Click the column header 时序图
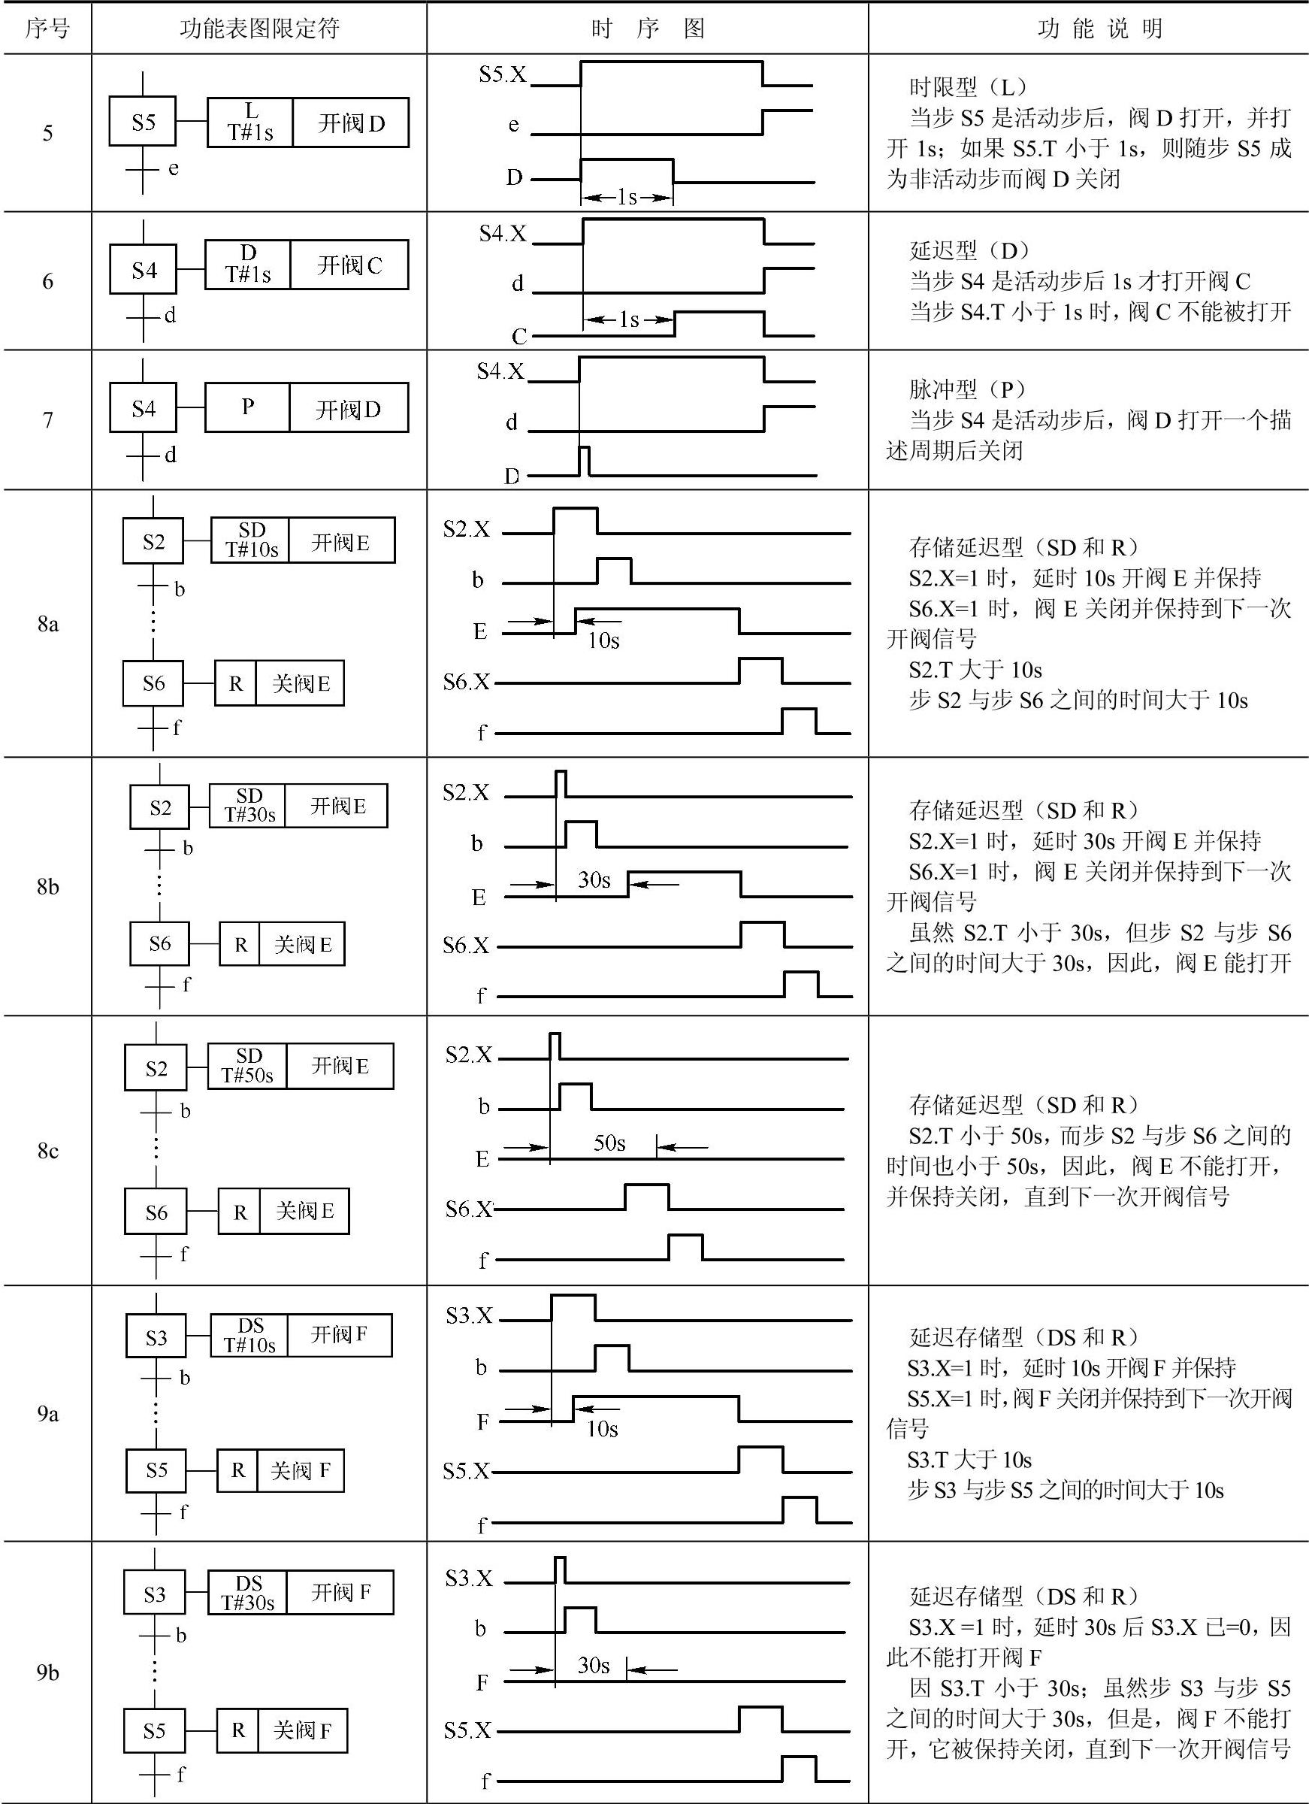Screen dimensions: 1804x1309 [646, 29]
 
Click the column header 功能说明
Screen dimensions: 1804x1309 [1100, 29]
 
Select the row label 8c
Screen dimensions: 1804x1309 [47, 1151]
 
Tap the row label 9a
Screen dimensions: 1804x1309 [47, 1413]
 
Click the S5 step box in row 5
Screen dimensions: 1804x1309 [142, 123]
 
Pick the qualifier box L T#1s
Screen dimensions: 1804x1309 [249, 123]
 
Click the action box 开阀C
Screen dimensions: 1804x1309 [349, 265]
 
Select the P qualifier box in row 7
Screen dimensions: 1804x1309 [247, 407]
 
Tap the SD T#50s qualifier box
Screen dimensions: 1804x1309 [247, 1066]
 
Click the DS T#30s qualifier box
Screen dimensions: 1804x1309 [247, 1591]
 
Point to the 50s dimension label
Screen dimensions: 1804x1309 [609, 1144]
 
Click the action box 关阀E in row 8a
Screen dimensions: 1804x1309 [300, 683]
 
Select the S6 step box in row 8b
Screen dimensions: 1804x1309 [160, 944]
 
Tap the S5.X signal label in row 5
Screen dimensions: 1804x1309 [502, 74]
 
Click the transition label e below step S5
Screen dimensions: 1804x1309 [174, 168]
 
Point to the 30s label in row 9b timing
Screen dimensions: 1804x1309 [594, 1665]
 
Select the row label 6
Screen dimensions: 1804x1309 [47, 281]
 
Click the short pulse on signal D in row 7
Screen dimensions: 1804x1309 [585, 461]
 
